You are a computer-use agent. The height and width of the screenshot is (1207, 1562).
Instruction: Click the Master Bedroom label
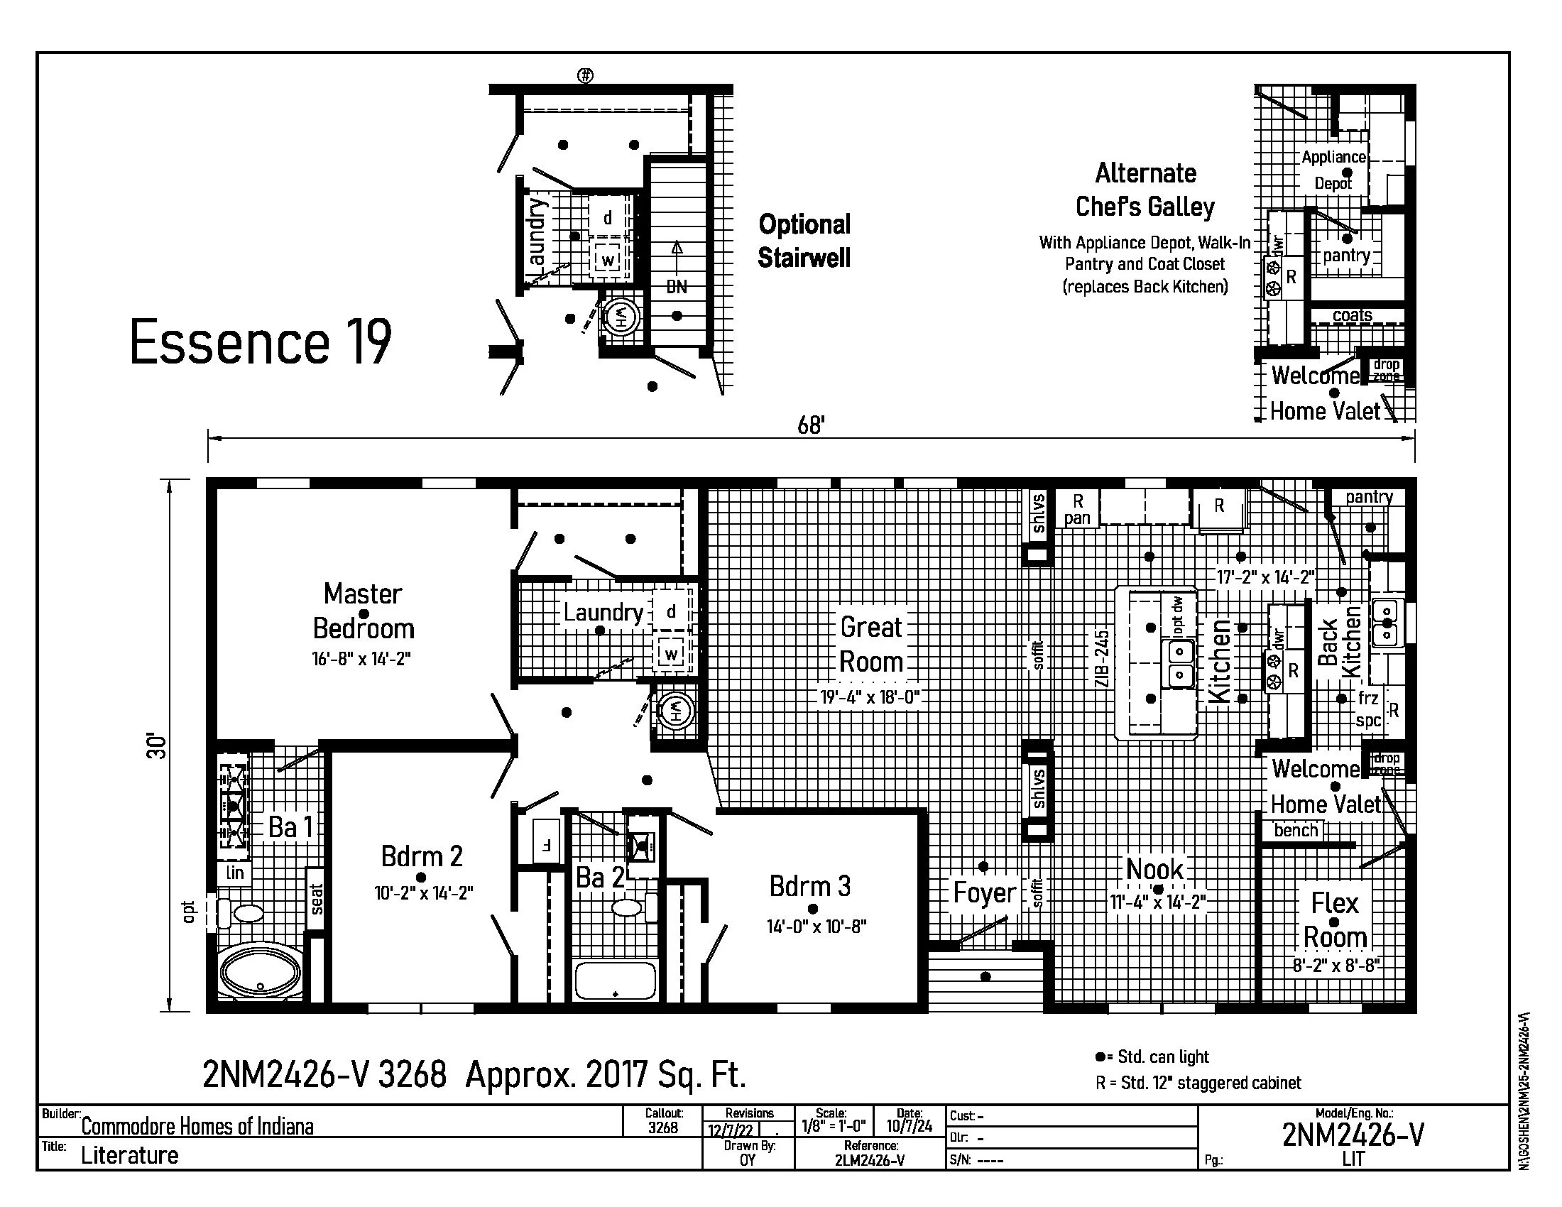pos(364,611)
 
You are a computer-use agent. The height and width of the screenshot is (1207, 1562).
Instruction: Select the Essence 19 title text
pos(261,342)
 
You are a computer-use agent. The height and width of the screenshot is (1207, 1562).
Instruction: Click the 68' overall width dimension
pos(811,425)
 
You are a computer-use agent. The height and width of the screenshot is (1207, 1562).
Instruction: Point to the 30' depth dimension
pos(157,745)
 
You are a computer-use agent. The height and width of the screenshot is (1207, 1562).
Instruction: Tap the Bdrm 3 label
pos(809,886)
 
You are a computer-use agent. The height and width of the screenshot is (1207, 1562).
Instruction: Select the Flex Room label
pos(1335,919)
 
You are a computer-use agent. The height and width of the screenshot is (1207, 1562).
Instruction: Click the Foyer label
pos(984,892)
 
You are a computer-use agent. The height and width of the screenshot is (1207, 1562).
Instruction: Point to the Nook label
pos(1154,870)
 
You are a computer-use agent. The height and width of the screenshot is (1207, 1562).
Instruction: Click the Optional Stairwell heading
pos(804,241)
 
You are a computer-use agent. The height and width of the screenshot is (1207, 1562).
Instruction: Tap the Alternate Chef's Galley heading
pos(1145,190)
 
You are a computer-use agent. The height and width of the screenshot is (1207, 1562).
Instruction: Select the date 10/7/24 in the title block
pos(909,1126)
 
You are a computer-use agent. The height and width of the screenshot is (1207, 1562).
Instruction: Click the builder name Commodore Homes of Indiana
pos(197,1127)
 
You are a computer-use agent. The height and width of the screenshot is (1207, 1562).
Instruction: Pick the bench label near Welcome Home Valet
pos(1296,830)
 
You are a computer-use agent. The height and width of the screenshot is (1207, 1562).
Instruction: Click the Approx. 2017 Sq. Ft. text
pos(605,1074)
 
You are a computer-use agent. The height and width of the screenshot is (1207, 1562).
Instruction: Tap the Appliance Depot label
pos(1333,170)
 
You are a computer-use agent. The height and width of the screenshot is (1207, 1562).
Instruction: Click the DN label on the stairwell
pos(676,287)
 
